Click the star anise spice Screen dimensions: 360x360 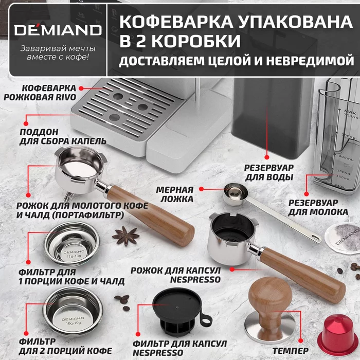tap(126, 236)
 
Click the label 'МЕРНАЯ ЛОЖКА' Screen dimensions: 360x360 tap(175, 194)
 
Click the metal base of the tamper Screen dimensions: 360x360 tap(266, 327)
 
